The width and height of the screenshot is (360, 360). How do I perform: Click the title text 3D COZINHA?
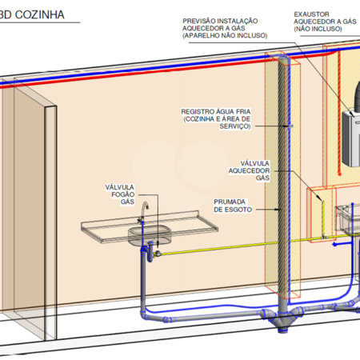click(x=32, y=14)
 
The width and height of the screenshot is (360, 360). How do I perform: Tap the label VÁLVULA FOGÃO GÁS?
click(x=120, y=194)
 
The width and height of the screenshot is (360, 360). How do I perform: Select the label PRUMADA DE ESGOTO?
click(x=233, y=206)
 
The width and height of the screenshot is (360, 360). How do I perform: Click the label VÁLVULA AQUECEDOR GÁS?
click(x=249, y=170)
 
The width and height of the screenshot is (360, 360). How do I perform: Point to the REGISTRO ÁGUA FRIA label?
click(x=216, y=119)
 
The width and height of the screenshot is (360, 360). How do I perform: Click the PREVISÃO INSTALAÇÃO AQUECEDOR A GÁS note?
click(x=225, y=28)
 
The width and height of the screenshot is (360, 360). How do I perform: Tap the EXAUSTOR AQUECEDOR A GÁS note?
click(x=325, y=22)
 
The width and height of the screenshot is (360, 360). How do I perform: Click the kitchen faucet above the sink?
click(x=143, y=212)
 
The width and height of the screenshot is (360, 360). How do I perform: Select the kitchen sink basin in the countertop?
click(x=150, y=235)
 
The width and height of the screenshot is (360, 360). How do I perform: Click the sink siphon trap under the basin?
click(x=150, y=251)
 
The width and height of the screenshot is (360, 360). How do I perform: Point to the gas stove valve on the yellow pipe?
click(x=158, y=253)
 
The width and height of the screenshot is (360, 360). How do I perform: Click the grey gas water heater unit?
click(x=351, y=138)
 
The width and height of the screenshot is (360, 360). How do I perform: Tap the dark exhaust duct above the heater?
click(x=358, y=95)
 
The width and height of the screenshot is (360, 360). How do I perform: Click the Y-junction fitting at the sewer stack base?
click(x=282, y=319)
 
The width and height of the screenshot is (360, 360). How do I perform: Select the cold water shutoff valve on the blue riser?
click(x=290, y=126)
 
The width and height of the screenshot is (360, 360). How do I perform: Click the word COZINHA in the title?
click(x=40, y=14)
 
